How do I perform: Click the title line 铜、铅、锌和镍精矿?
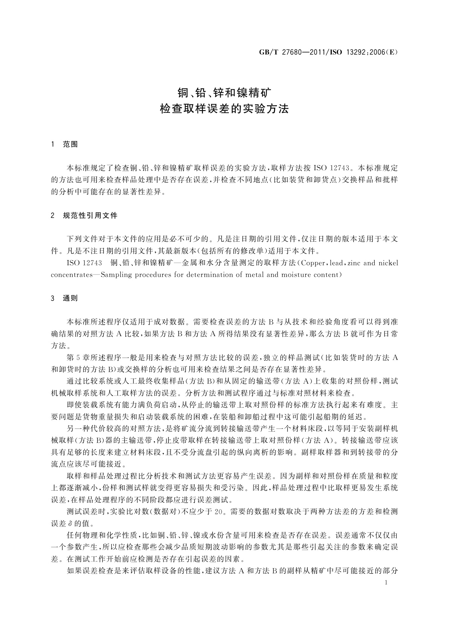click(224, 92)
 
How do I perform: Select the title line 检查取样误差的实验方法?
click(224, 109)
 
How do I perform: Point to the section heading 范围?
click(70, 144)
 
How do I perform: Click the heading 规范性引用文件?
click(90, 216)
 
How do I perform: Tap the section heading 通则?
click(70, 298)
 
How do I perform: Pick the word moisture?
click(296, 275)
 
